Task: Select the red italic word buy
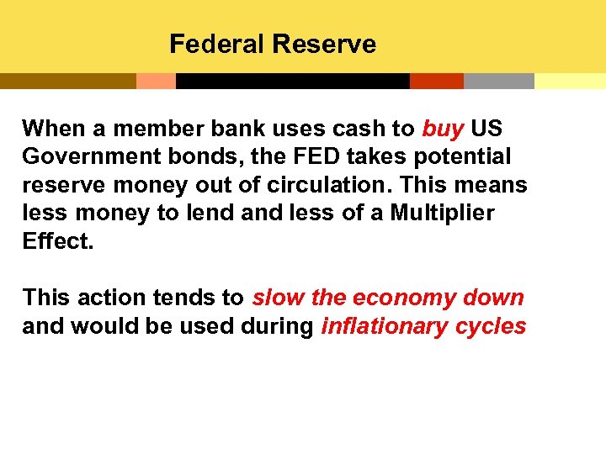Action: coord(443,129)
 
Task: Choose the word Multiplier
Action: coord(442,214)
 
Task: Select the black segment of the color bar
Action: coord(292,81)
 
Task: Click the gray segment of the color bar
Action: coord(498,81)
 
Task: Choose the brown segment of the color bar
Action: coord(67,81)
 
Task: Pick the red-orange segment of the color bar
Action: coord(436,81)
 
